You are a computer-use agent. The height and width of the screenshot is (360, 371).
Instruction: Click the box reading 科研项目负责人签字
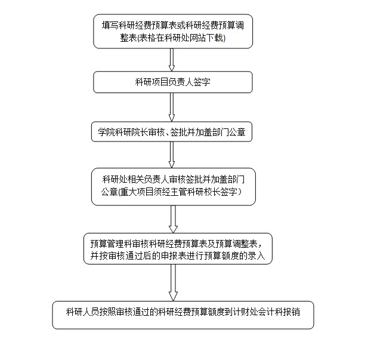point(173,82)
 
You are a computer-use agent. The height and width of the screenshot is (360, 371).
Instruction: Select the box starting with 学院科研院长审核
point(172,132)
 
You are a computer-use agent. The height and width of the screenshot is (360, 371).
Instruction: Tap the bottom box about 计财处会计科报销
point(183,315)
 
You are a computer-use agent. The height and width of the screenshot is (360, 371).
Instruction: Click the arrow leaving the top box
point(172,60)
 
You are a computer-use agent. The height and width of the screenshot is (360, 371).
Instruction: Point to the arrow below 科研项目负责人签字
point(172,107)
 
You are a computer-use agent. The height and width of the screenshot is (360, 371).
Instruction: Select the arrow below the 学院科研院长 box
point(172,155)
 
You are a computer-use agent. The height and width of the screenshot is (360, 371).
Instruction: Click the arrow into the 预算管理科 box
point(173,219)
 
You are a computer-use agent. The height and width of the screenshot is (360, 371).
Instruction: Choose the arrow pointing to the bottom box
point(173,282)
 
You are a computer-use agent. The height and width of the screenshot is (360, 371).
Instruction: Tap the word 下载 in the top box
point(215,38)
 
